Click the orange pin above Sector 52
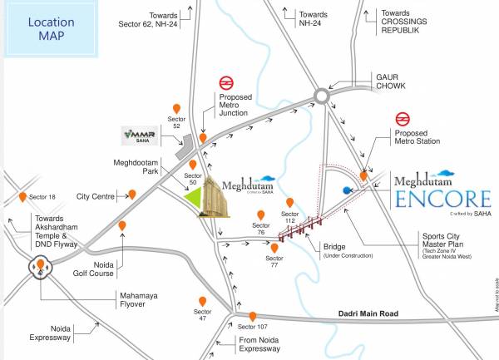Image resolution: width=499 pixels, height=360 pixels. point(176,109)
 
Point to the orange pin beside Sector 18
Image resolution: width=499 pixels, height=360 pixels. point(22,197)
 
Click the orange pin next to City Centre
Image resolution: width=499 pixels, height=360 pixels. point(131,195)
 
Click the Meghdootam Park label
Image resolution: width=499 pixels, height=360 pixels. point(139,168)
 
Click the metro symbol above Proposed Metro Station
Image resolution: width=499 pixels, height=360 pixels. point(403,118)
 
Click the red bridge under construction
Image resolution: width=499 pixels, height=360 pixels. point(301,227)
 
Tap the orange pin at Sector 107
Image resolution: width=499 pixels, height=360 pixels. point(252,316)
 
